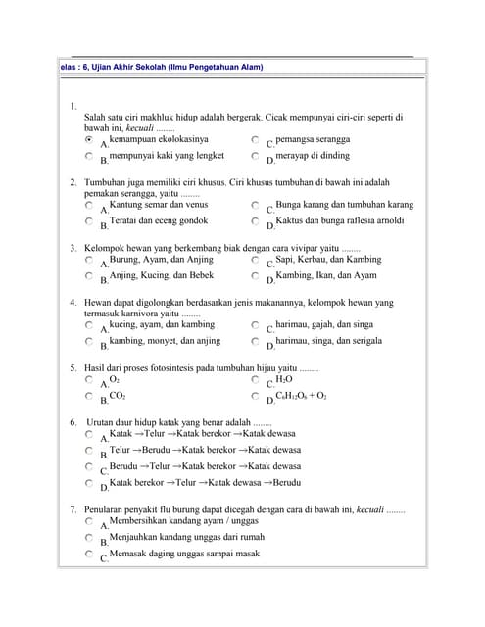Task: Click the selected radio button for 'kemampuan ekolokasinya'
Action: click(89, 141)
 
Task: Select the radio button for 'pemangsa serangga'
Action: click(255, 141)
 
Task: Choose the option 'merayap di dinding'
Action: click(255, 156)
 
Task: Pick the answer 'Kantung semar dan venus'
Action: click(89, 207)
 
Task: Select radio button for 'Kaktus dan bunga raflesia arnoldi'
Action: click(255, 221)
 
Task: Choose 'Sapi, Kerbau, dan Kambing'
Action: click(255, 262)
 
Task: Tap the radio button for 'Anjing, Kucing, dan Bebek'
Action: click(89, 277)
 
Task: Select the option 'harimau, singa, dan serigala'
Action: click(255, 342)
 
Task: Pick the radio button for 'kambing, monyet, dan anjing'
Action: click(89, 342)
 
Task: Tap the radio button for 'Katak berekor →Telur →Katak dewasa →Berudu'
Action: click(89, 483)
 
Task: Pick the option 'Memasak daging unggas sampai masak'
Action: click(89, 555)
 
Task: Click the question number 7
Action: click(73, 510)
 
